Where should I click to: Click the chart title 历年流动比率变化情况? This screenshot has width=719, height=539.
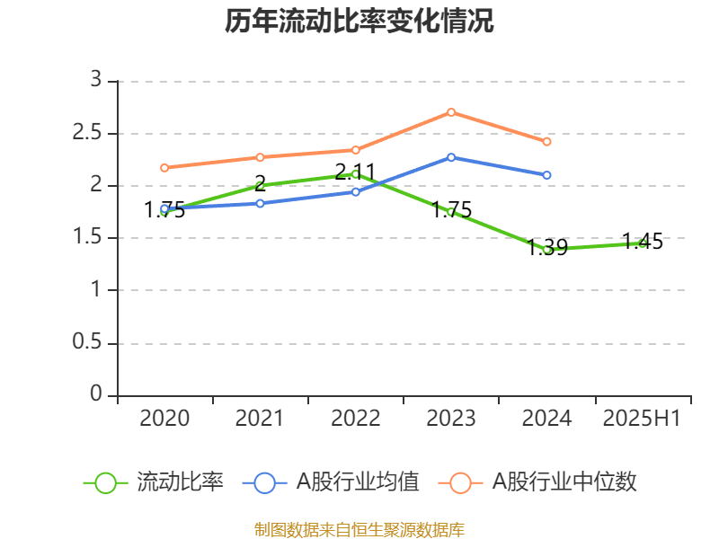[x=359, y=22]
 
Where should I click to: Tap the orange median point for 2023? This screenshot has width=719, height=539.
[x=451, y=112]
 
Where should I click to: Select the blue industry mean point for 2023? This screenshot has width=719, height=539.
[x=451, y=157]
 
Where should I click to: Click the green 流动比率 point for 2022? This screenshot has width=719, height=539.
[x=355, y=173]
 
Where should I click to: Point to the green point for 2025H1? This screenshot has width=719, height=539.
[x=642, y=243]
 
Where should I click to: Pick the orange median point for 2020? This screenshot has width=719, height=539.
[x=164, y=167]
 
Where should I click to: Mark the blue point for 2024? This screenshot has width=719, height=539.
[x=546, y=175]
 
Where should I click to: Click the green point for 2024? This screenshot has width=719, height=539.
[x=546, y=249]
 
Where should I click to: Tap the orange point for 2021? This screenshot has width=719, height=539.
[x=260, y=157]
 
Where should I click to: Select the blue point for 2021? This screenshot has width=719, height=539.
[x=260, y=203]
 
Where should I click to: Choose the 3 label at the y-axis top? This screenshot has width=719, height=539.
[x=96, y=81]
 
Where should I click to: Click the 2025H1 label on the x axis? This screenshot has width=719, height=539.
[x=642, y=419]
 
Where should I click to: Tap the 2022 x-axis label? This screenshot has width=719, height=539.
[x=355, y=419]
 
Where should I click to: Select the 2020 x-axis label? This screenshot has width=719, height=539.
[x=164, y=419]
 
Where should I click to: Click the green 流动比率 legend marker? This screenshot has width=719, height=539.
[x=105, y=482]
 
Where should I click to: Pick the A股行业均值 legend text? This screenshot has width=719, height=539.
[x=358, y=482]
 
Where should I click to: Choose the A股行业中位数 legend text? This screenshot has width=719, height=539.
[x=564, y=482]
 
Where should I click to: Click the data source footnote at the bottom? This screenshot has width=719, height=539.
[x=359, y=529]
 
